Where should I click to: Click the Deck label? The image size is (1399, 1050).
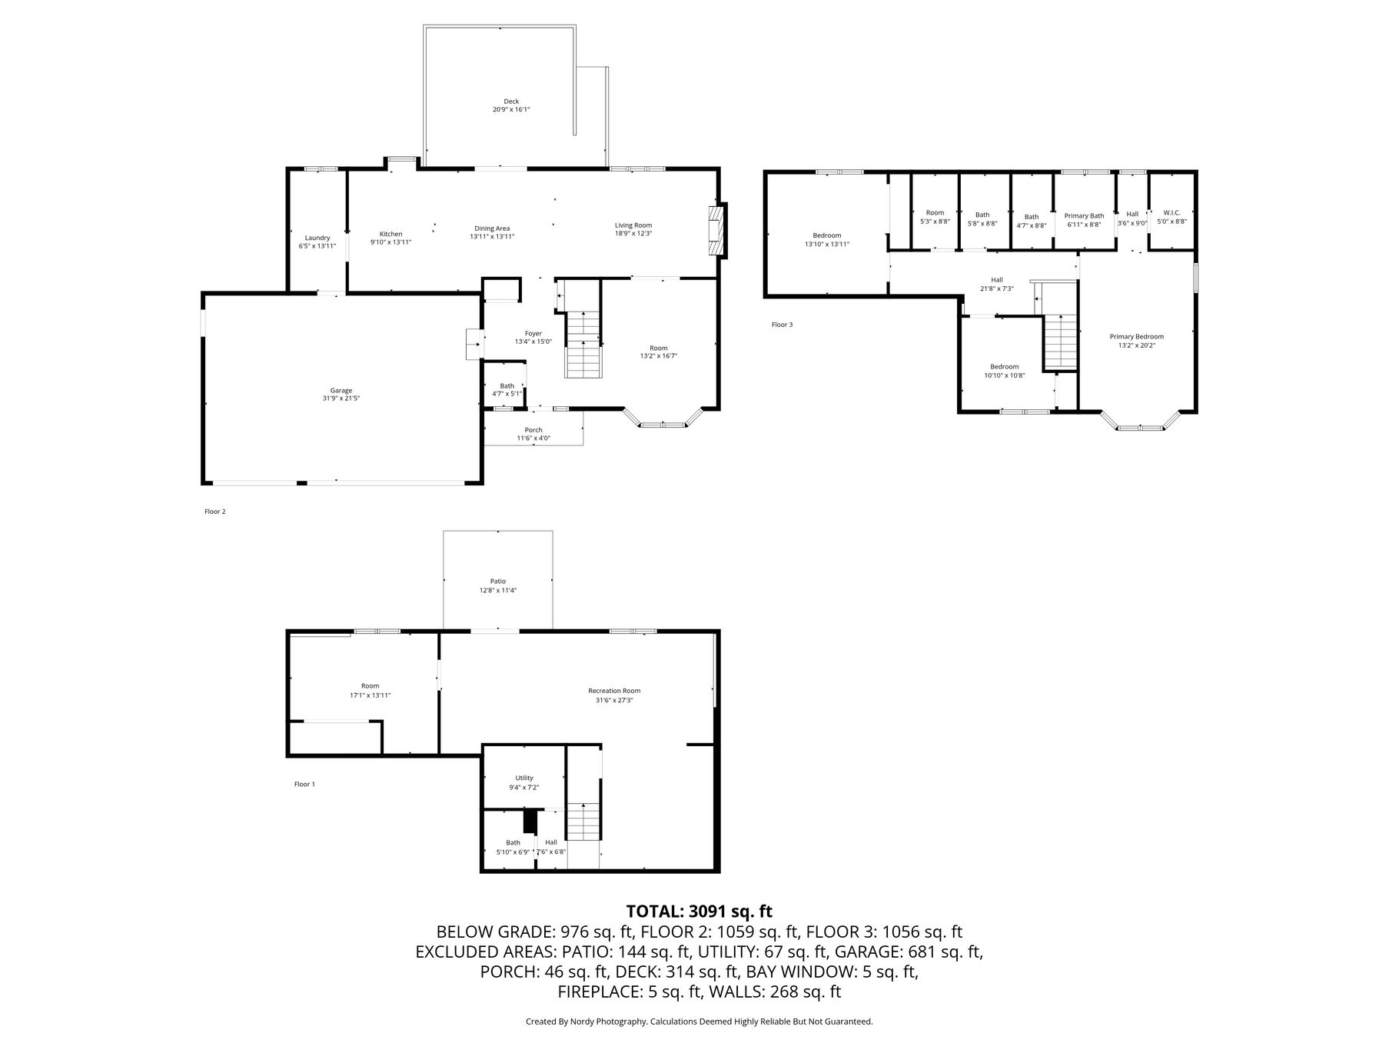click(x=511, y=102)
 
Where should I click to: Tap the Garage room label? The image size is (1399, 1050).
click(x=341, y=391)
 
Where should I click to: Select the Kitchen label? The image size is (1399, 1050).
click(x=390, y=234)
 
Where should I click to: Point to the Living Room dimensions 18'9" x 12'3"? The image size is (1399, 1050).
click(x=633, y=234)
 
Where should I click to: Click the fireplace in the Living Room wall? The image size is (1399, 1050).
click(x=717, y=229)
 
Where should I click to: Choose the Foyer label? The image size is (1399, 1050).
click(x=533, y=333)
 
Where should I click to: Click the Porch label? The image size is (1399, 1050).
click(x=533, y=430)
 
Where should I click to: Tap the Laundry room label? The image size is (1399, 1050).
click(x=317, y=238)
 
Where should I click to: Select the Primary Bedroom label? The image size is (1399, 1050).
click(x=1137, y=336)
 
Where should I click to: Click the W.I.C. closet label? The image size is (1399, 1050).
click(x=1171, y=212)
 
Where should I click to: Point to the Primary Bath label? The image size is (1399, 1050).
click(x=1084, y=216)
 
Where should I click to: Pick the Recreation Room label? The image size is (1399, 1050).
click(x=614, y=691)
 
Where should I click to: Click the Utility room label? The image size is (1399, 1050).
click(x=524, y=778)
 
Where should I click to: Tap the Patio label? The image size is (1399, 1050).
click(x=498, y=581)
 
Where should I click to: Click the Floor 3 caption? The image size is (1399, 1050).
click(x=782, y=325)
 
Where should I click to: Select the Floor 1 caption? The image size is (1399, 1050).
click(x=304, y=784)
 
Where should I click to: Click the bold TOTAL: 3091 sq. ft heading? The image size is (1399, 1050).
click(x=699, y=912)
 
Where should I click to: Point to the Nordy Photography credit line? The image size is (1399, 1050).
click(x=699, y=1022)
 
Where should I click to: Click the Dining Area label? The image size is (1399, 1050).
click(x=492, y=228)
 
